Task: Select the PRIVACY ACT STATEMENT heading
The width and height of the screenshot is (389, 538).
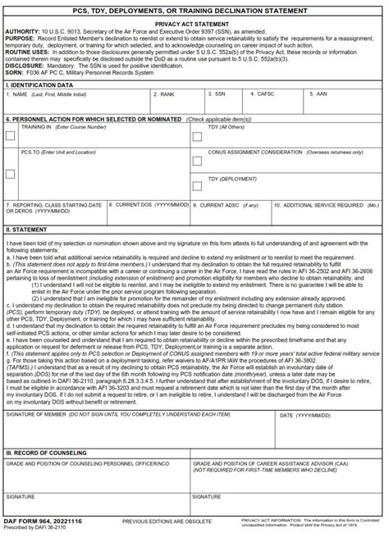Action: coord(194,25)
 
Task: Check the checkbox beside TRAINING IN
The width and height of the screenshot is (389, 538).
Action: coord(10,136)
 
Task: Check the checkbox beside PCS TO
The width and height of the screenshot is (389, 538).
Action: coord(10,173)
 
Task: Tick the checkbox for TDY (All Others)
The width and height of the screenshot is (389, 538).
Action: coord(197,136)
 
